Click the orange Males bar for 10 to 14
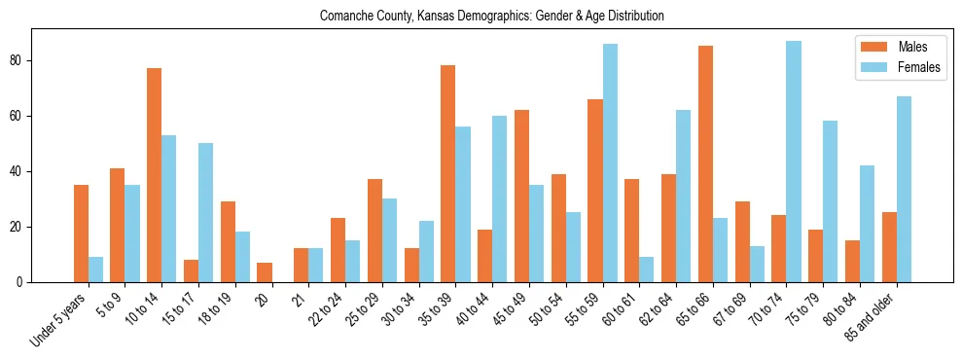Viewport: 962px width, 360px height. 154,175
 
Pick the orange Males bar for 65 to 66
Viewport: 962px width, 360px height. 705,164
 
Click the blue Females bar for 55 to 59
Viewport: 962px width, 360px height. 610,163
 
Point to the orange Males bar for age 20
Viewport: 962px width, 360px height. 265,272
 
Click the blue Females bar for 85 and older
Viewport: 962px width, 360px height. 904,190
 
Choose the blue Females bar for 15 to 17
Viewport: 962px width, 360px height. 205,213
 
